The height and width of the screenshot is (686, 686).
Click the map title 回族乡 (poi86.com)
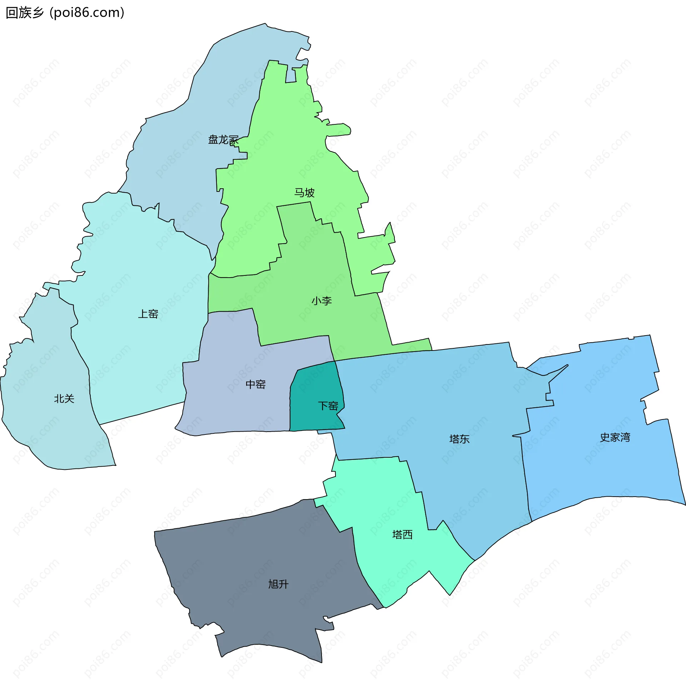tap(65, 13)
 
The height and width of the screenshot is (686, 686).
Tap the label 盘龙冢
tap(223, 140)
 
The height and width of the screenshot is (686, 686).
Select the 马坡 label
tap(304, 193)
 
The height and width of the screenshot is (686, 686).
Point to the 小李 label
tap(322, 301)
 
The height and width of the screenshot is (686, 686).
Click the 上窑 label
tap(148, 314)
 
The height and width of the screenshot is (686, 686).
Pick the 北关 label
tap(64, 399)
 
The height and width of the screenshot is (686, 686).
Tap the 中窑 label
tap(256, 384)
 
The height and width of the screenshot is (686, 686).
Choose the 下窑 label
tap(328, 406)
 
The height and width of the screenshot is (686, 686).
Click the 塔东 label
tap(459, 439)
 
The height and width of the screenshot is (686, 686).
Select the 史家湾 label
tap(615, 437)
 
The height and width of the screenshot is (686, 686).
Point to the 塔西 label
tap(403, 535)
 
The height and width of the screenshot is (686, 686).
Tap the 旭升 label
tap(278, 584)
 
